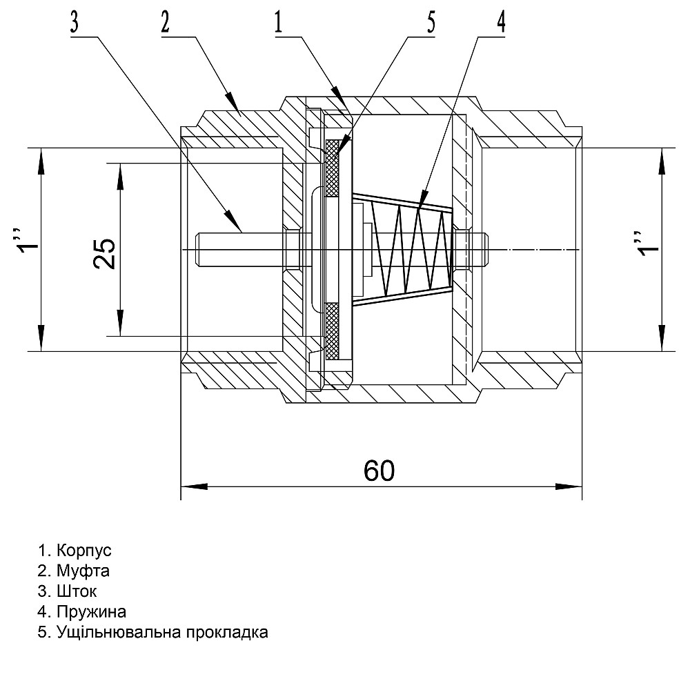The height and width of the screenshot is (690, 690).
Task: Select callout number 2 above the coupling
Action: click(x=165, y=22)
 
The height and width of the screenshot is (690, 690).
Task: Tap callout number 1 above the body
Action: click(x=277, y=22)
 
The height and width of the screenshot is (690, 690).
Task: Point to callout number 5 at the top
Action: click(x=431, y=22)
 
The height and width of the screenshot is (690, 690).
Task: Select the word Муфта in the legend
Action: click(x=83, y=571)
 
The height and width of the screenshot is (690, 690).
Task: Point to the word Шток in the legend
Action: click(x=77, y=592)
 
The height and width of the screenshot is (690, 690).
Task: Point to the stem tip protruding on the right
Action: click(x=483, y=249)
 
